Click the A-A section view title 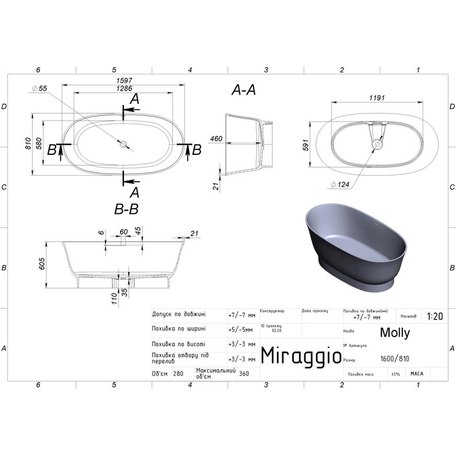(244, 90)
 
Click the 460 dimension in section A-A (216, 139)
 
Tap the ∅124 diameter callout (339, 184)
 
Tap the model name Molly (395, 333)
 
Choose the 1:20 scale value (433, 315)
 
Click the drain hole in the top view (123, 143)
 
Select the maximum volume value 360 (244, 374)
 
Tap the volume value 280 (178, 374)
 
